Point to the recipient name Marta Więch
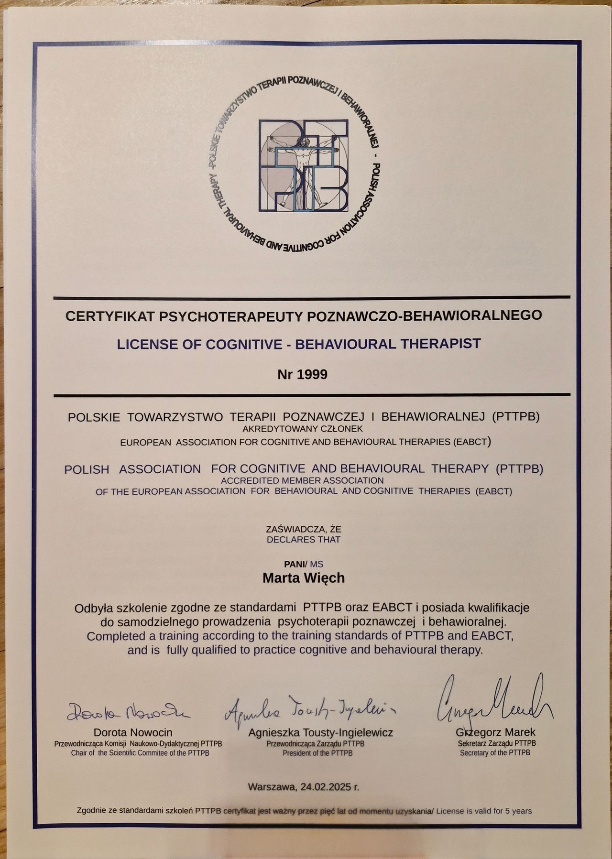pos(304,578)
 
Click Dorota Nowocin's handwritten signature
pos(128,712)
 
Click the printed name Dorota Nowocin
pos(133,732)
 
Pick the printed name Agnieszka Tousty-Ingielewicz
pos(320,732)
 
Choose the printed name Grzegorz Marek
pos(496,732)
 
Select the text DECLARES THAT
pos(304,540)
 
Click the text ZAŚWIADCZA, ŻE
pos(304,529)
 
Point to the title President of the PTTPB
pos(317,753)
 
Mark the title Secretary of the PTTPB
pos(495,752)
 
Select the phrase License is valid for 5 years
pos(484,811)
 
